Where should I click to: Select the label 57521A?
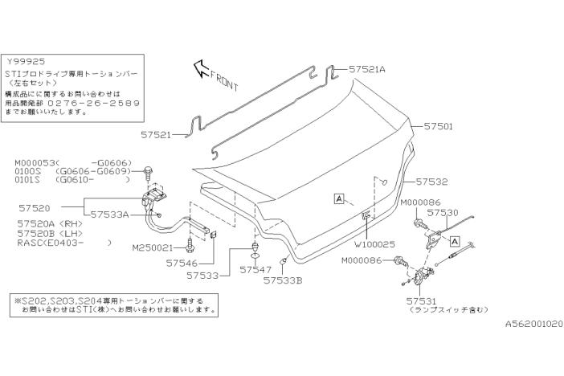(x=369, y=70)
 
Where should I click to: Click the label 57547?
(x=256, y=271)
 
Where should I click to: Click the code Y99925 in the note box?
(x=27, y=61)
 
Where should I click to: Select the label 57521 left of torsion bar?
(x=157, y=136)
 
